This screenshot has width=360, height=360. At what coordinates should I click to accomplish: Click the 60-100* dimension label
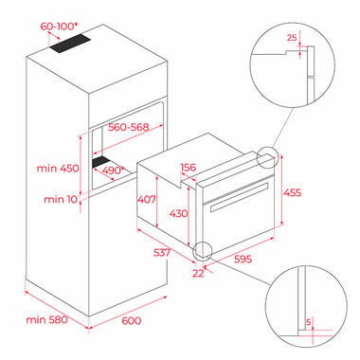pos(59,27)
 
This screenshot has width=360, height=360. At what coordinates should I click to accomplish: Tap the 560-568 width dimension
pos(128,127)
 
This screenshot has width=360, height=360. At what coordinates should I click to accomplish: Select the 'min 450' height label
pos(58,168)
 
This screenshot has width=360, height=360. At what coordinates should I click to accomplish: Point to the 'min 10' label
pos(61,199)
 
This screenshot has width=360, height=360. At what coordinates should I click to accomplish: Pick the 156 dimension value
pos(189,168)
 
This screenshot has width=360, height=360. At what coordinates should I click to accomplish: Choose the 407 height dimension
pos(147,200)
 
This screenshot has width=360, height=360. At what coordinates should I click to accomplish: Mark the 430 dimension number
pos(178,214)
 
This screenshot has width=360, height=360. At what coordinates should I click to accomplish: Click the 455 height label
pos(292,192)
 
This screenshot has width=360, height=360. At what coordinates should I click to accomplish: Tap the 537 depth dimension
pos(162,253)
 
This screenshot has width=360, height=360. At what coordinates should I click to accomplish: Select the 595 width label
pos(243,259)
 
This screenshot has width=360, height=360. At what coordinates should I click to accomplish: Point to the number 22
pos(198,273)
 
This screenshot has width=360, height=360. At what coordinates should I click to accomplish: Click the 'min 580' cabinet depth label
pos(46,319)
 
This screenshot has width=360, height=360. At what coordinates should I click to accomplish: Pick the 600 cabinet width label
pos(132,320)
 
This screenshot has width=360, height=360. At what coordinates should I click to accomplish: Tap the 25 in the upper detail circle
pos(292,38)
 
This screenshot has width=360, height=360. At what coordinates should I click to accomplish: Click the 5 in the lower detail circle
pos(309,322)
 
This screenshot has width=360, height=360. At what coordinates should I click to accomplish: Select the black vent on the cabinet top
pos(70,44)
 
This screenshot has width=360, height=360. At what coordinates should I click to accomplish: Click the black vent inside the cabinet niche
pos(100,161)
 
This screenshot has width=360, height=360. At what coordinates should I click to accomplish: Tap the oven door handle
pos(240,196)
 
